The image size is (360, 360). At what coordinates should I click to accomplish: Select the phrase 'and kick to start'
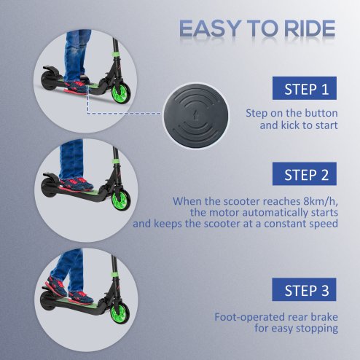(299, 125)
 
